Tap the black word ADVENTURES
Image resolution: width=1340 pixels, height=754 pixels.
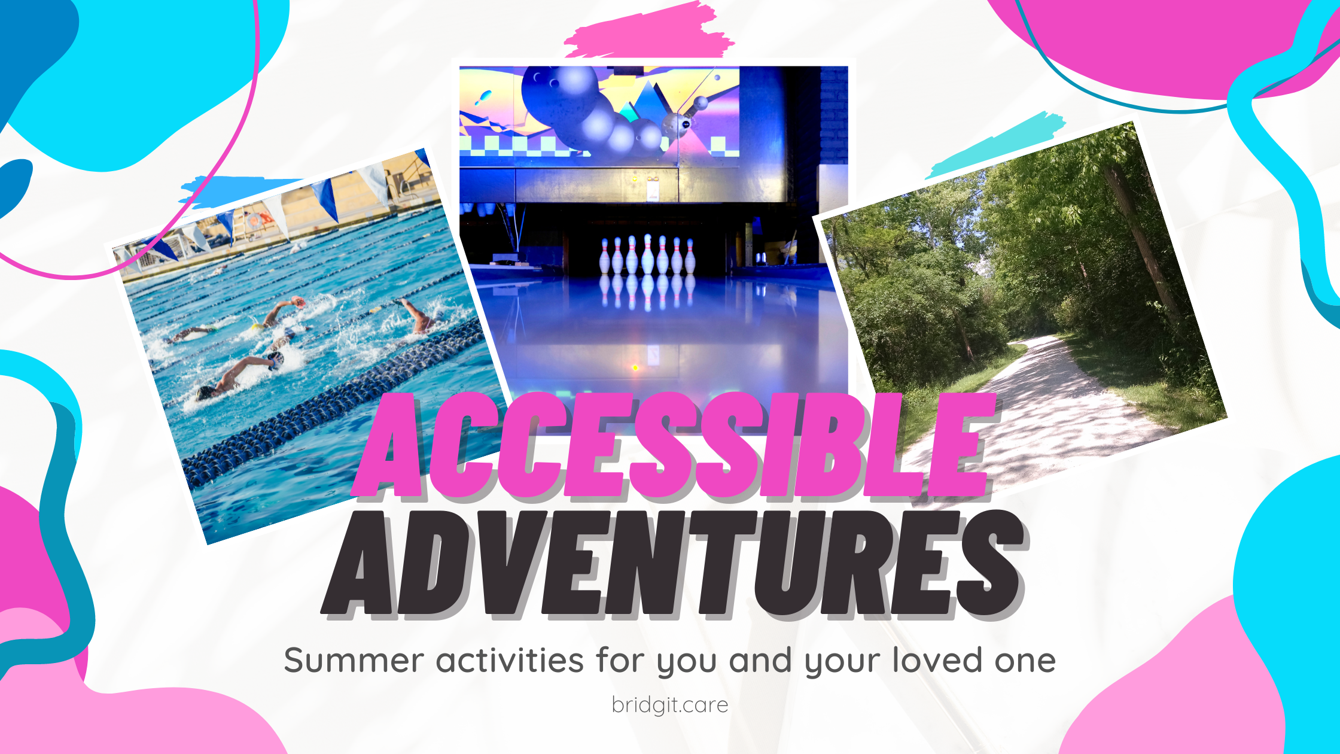click(675, 564)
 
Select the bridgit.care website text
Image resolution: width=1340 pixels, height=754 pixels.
click(670, 705)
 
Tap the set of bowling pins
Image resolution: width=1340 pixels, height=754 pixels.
click(647, 254)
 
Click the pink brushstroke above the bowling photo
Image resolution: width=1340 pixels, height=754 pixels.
click(649, 31)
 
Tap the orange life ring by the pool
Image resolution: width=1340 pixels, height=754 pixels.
click(254, 220)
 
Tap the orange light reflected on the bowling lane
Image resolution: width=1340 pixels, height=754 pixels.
click(635, 367)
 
